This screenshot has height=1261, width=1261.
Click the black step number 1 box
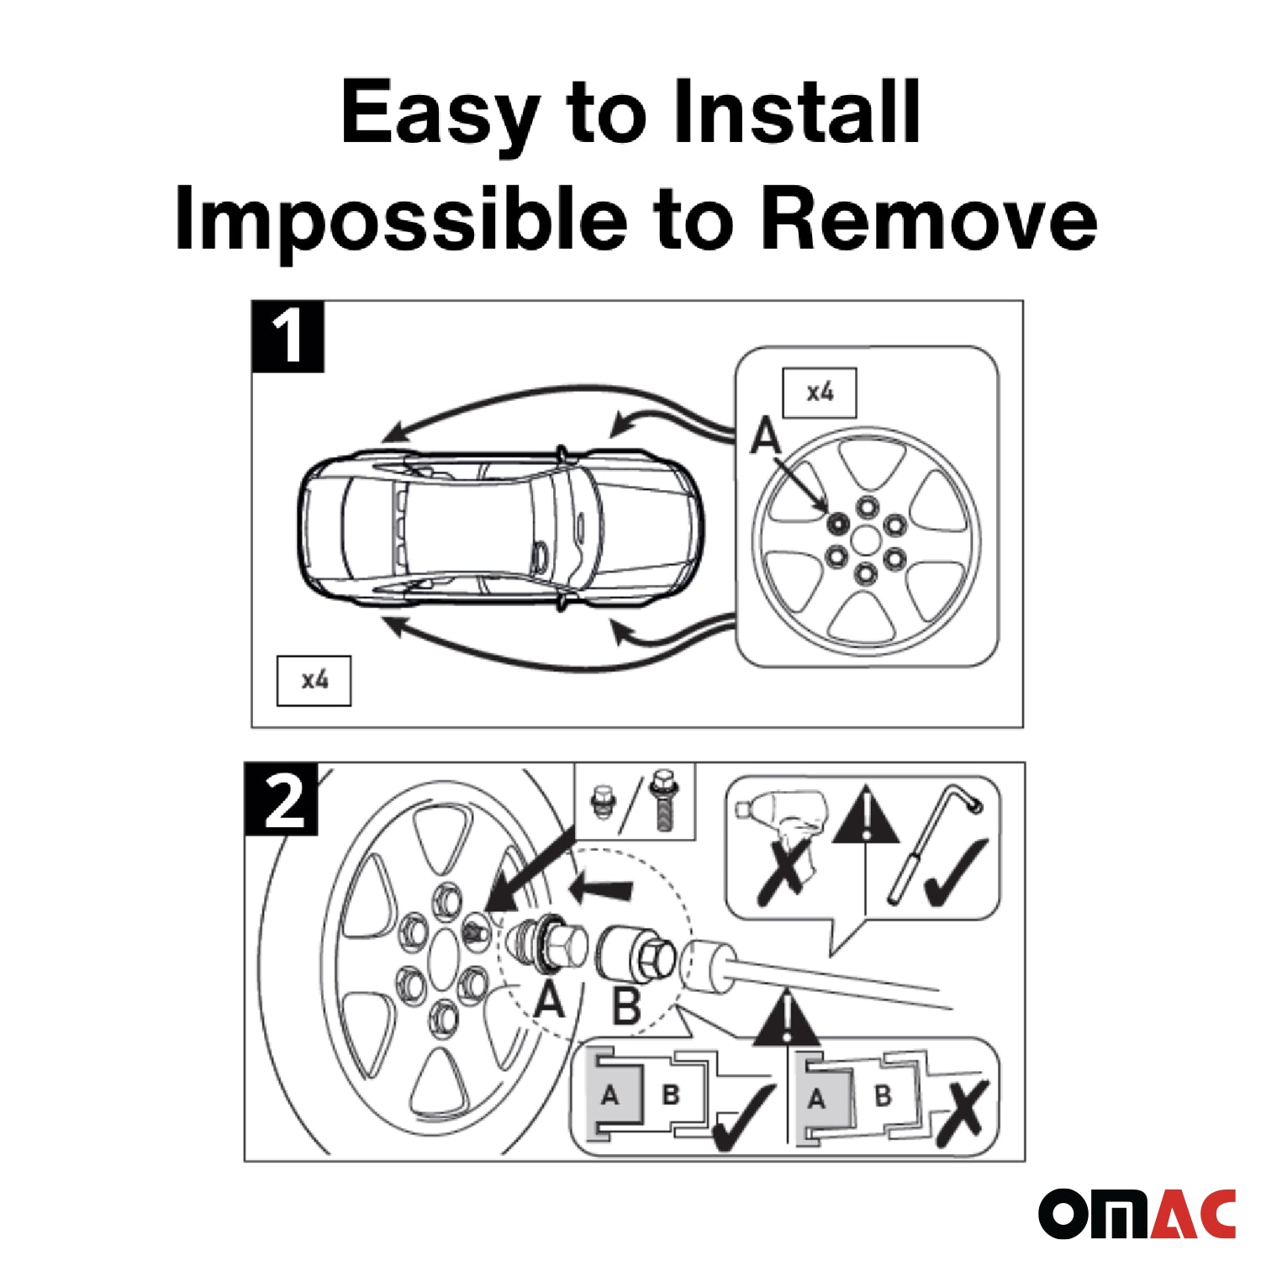click(288, 336)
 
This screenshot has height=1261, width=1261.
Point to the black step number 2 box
click(281, 799)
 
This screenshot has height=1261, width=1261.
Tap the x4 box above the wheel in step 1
click(820, 393)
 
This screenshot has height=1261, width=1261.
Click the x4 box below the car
click(314, 680)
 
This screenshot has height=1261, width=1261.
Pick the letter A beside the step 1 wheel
click(766, 436)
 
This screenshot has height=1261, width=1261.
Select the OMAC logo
click(1137, 1213)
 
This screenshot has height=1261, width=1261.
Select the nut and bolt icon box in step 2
click(635, 801)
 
